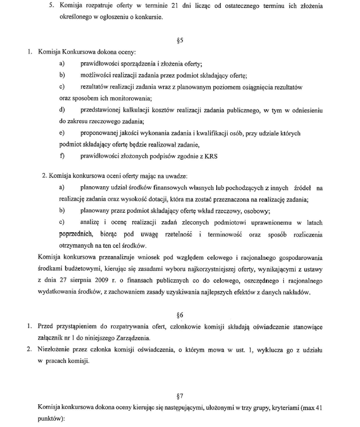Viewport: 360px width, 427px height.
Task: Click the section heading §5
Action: click(x=180, y=40)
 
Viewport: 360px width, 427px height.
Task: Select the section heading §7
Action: click(x=180, y=395)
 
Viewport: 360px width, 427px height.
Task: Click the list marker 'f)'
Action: click(x=62, y=156)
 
